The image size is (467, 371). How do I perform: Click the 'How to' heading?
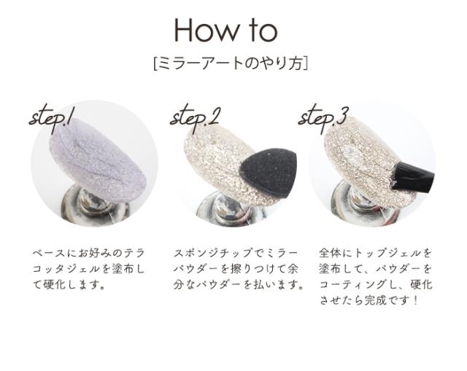(225, 30)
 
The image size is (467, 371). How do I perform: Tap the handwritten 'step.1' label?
(52, 117)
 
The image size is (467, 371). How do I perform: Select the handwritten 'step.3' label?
(323, 117)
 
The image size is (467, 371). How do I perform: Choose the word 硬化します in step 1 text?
(73, 284)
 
